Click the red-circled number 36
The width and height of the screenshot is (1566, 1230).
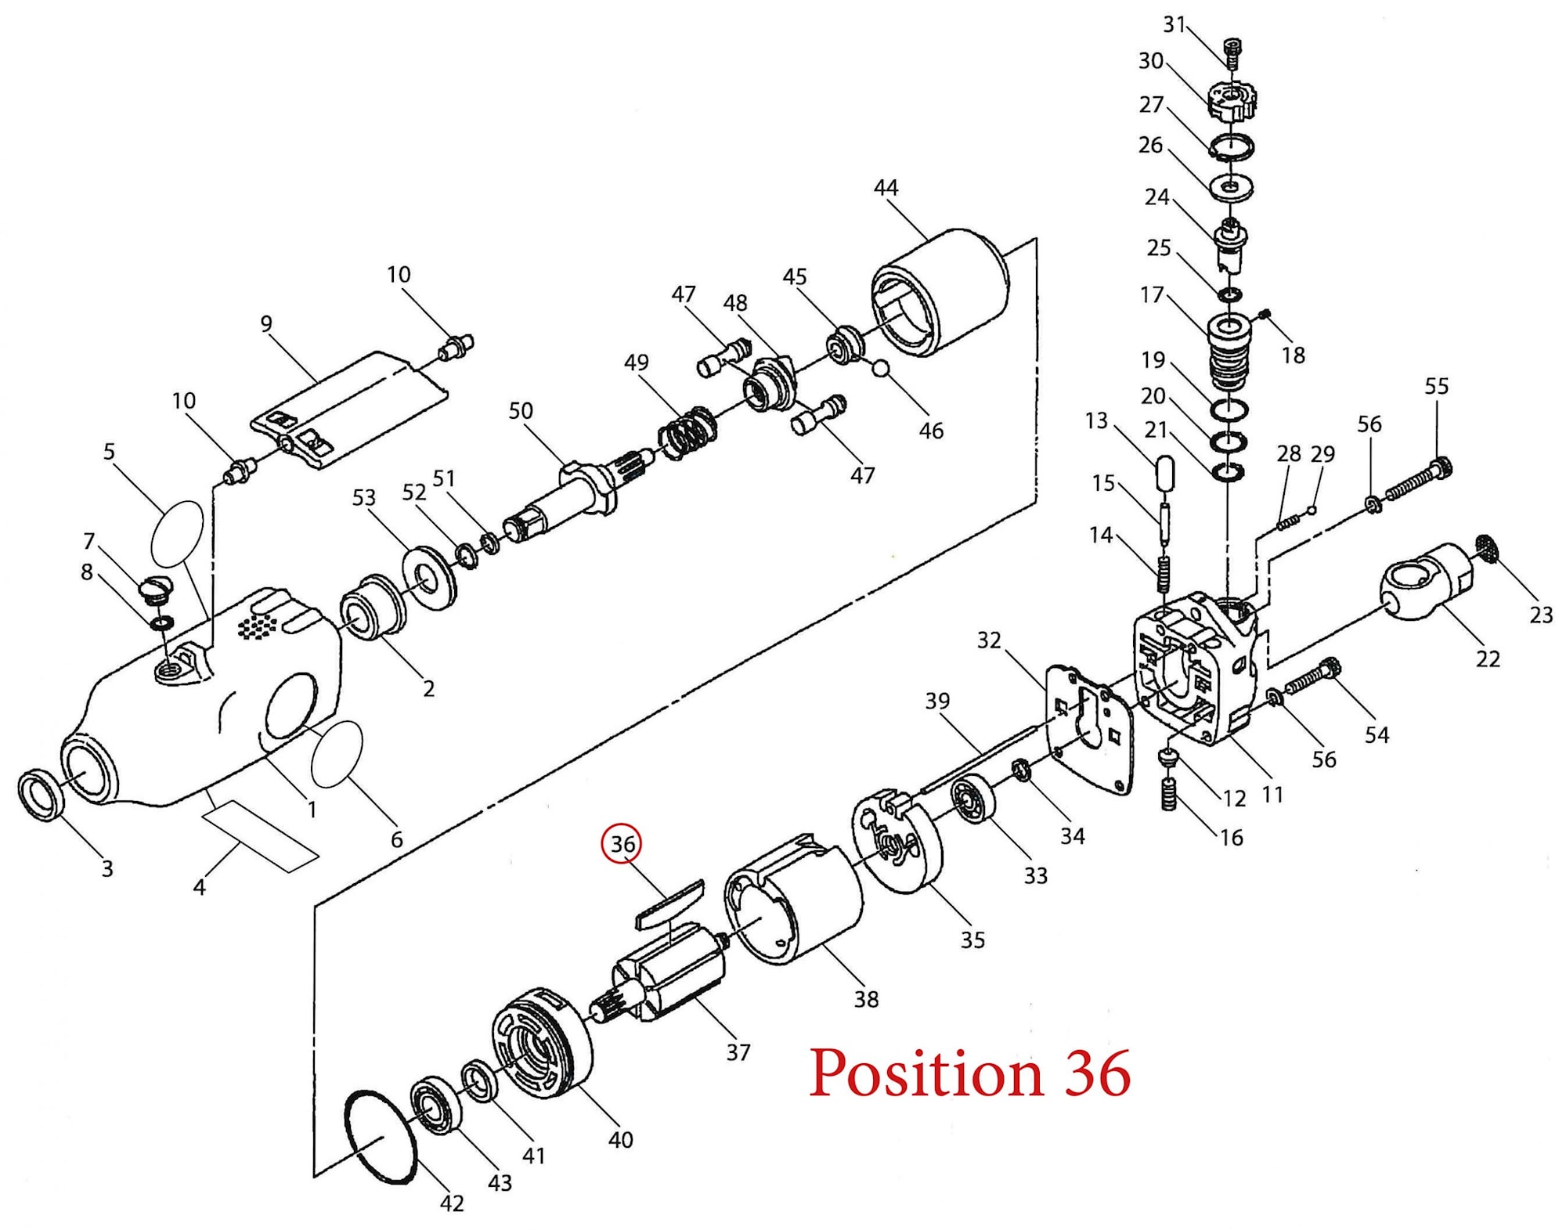click(x=622, y=844)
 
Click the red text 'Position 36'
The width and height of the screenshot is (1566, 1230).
click(x=969, y=1073)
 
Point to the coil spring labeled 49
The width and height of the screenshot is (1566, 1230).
click(x=687, y=433)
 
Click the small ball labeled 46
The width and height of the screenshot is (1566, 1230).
click(x=880, y=367)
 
